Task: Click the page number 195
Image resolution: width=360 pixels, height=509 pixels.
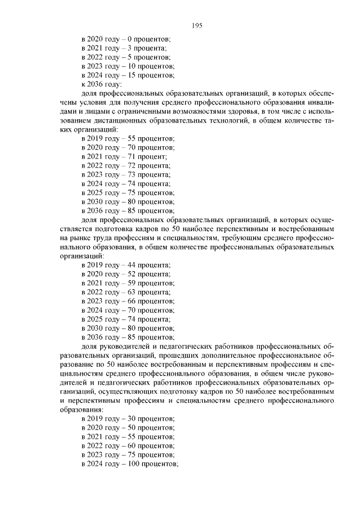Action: [197, 25]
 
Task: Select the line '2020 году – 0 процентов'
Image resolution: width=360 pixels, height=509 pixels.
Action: [126, 39]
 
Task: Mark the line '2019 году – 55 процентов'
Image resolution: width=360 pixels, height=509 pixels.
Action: [128, 138]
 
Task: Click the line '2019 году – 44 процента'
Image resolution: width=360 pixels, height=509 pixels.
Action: [125, 264]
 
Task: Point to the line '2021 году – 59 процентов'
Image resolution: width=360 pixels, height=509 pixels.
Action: [128, 282]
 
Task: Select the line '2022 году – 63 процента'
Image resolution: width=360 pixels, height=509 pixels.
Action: [125, 291]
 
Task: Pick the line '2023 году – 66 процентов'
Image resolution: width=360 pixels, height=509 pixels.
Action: [128, 301]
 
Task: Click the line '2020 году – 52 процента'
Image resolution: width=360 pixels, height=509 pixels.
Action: [125, 273]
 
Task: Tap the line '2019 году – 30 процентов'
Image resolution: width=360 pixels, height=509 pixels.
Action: [128, 418]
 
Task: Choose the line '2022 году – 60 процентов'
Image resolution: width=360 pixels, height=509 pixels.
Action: [128, 445]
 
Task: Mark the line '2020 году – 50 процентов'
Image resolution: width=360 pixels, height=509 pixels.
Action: [128, 427]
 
